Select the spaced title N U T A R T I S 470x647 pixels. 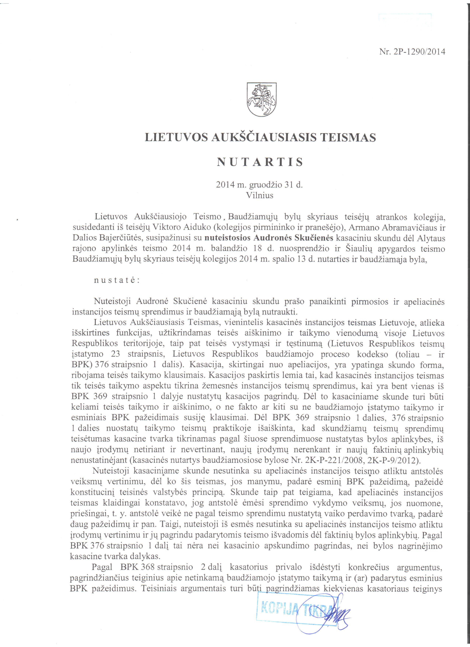pos(260,162)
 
